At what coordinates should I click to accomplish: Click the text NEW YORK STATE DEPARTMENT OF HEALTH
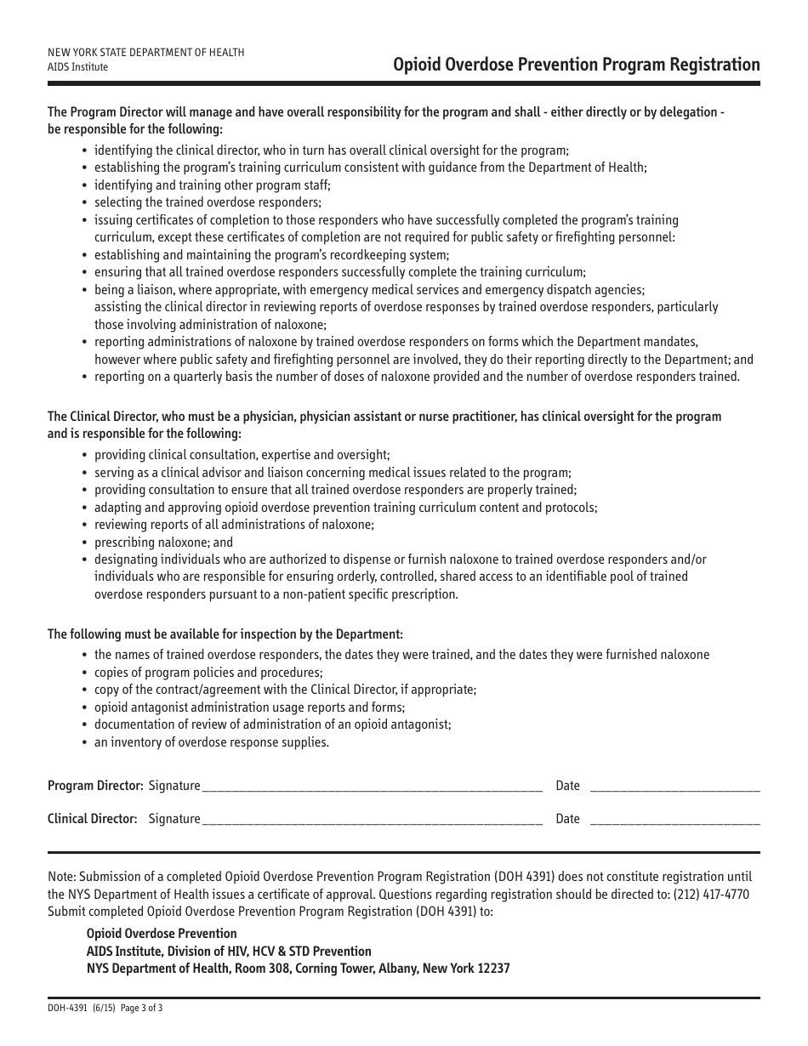click(145, 53)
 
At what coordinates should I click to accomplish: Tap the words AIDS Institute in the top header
click(77, 67)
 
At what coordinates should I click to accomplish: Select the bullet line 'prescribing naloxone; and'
click(163, 543)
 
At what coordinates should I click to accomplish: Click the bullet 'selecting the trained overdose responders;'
click(208, 202)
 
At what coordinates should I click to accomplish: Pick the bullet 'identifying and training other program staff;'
click(212, 185)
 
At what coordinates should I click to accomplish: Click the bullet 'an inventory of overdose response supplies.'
click(211, 742)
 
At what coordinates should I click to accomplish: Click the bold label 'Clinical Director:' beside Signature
click(92, 819)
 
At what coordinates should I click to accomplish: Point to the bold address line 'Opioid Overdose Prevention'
click(162, 934)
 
